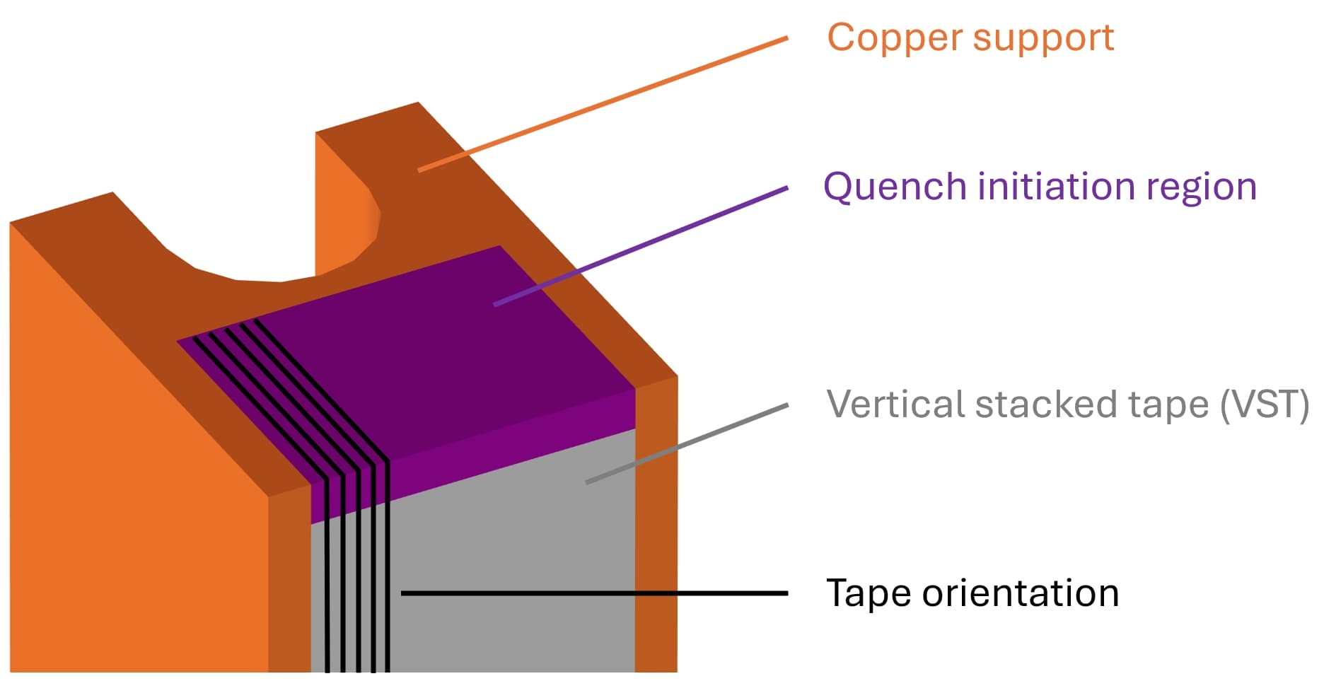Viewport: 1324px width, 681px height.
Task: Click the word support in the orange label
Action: click(1044, 39)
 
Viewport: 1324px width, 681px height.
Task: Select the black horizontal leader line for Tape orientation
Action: click(594, 593)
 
